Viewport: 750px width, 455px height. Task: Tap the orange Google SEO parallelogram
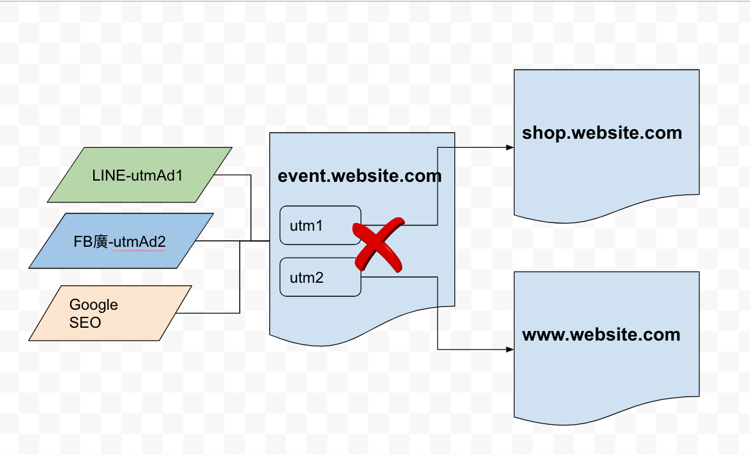click(111, 313)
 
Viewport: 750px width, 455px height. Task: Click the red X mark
click(379, 245)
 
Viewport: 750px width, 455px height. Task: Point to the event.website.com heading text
click(359, 175)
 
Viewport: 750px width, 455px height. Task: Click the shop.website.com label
click(602, 133)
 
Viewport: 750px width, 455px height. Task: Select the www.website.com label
click(601, 335)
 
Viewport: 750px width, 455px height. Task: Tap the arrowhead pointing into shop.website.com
click(510, 147)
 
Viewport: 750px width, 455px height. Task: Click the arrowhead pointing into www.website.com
click(510, 350)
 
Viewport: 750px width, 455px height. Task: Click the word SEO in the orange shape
click(85, 322)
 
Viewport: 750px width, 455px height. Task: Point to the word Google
click(94, 305)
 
